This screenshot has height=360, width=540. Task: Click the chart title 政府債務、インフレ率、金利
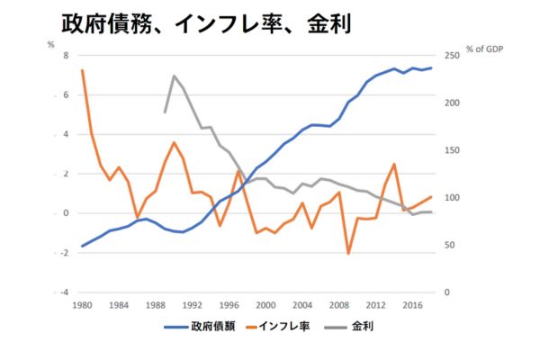pos(204,23)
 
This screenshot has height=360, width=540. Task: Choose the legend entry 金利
pos(362,326)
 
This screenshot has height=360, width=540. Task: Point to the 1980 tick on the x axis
pos(82,304)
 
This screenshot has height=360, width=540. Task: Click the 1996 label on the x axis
pos(229,304)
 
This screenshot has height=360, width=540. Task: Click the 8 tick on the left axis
pos(66,56)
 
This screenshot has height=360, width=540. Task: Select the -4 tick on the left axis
pos(64,292)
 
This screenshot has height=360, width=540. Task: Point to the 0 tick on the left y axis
pos(66,213)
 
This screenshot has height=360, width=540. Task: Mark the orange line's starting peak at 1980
pos(82,70)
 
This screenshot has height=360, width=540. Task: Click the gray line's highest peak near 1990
pos(174,76)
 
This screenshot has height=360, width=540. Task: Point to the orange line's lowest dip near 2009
pos(348,254)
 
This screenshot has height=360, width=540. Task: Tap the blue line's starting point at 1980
pos(82,246)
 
